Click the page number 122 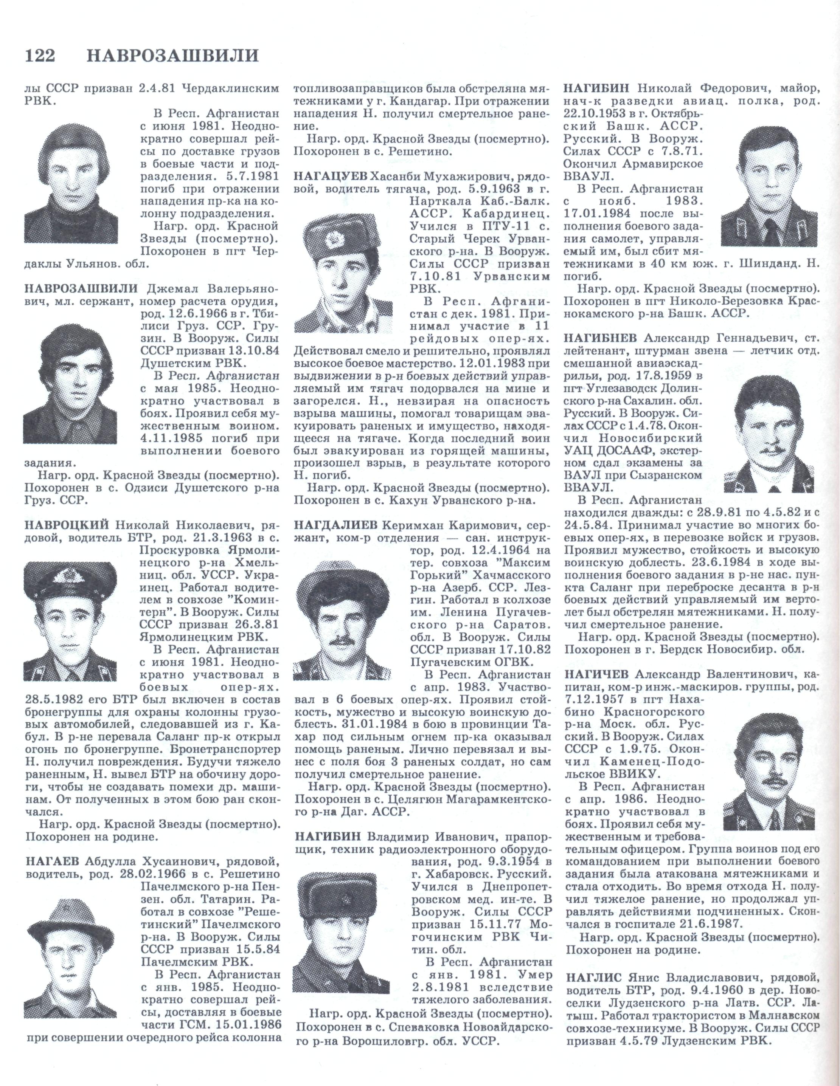coord(39,56)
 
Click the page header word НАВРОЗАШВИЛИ coord(173,56)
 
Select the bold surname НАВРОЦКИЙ coord(67,525)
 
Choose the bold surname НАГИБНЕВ coord(601,339)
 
